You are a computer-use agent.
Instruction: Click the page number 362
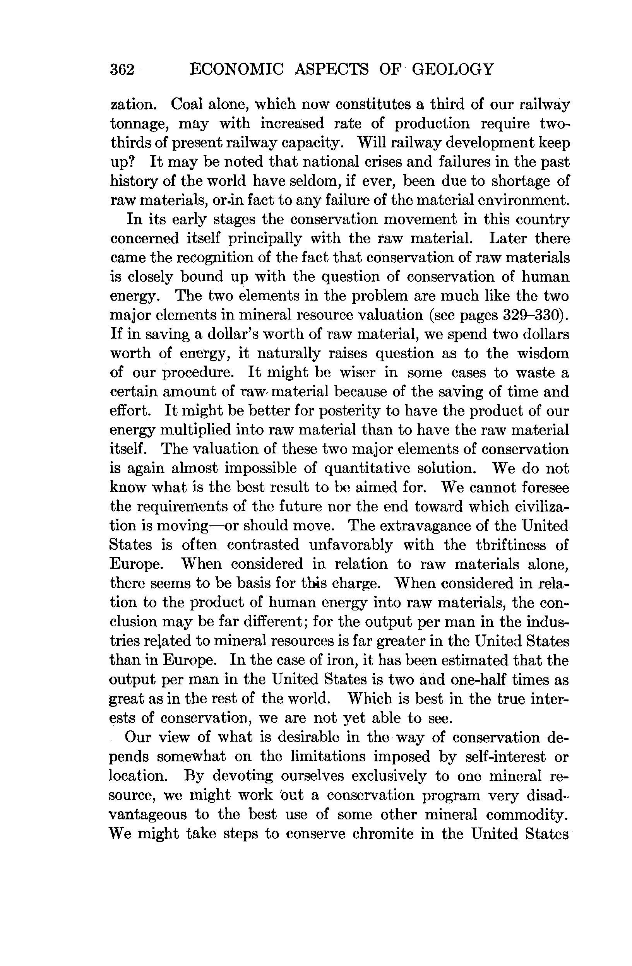pyautogui.click(x=122, y=69)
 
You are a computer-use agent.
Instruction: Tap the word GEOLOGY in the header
pyautogui.click(x=453, y=69)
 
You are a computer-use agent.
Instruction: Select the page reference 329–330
pyautogui.click(x=533, y=315)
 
